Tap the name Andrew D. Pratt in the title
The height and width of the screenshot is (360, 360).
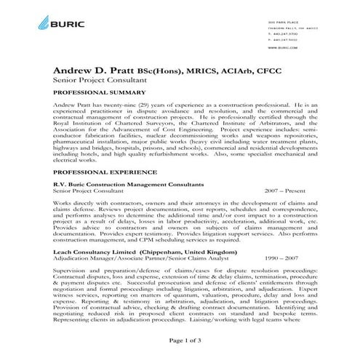point(97,70)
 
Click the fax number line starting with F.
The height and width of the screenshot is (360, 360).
point(282,40)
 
